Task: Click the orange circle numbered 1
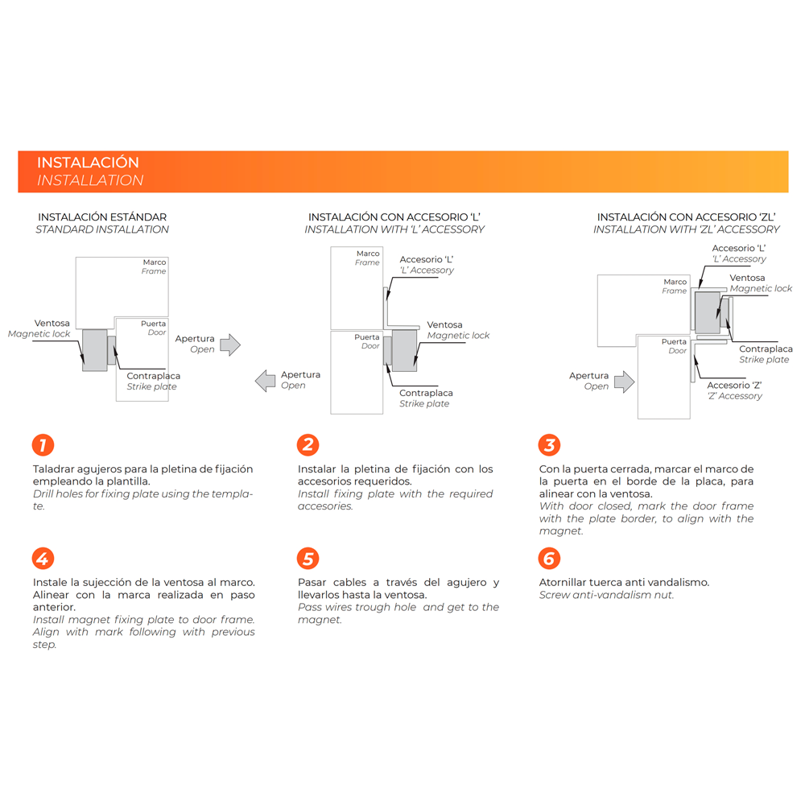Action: tap(43, 444)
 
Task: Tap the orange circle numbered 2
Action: tap(308, 444)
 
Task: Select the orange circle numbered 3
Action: tap(549, 444)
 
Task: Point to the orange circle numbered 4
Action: tap(43, 558)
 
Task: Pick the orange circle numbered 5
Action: tap(308, 558)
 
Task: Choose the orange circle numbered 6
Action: tap(549, 558)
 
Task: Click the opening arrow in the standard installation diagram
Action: tap(230, 345)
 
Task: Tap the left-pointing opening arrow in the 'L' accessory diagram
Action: tap(265, 381)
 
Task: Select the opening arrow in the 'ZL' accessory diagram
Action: tap(625, 382)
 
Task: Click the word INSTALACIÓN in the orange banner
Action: tap(88, 163)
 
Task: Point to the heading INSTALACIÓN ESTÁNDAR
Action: tap(102, 217)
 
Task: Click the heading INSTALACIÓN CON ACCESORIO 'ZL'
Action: tap(687, 217)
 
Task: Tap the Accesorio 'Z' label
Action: tap(734, 385)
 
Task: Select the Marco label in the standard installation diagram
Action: tap(155, 262)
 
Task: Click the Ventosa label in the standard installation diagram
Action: tap(52, 323)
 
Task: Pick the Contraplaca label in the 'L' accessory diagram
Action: tap(426, 393)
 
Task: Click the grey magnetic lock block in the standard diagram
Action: tap(95, 350)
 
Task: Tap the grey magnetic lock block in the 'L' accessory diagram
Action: tap(404, 351)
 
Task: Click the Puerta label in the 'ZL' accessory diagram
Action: tap(674, 341)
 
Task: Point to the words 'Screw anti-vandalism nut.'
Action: tap(606, 595)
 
